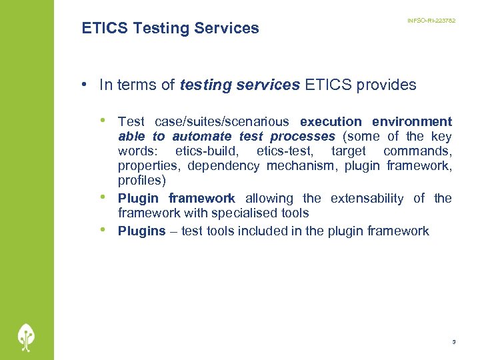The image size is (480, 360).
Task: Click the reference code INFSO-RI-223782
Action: pyautogui.click(x=431, y=21)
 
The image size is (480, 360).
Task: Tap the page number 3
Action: pyautogui.click(x=453, y=342)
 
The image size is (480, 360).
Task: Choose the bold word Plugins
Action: pyautogui.click(x=141, y=231)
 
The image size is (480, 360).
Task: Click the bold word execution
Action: pyautogui.click(x=331, y=121)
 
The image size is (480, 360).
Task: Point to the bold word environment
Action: pyautogui.click(x=412, y=121)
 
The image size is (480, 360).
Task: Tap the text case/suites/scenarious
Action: pyautogui.click(x=221, y=121)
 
